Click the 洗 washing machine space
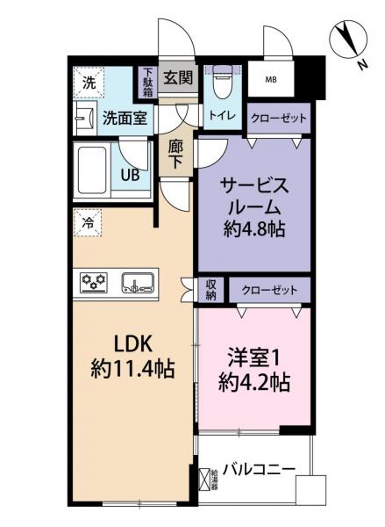point(89,82)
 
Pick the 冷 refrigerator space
point(89,223)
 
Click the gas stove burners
point(94,282)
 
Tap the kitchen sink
point(139,282)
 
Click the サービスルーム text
point(254,198)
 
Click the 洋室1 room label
point(254,359)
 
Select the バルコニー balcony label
point(258,468)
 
